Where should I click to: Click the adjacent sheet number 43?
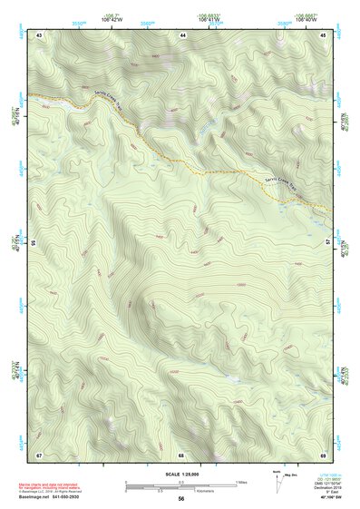tap(39, 34)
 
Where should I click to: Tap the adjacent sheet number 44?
tap(182, 34)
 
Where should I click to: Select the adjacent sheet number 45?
tap(324, 34)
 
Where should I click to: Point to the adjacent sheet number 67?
tap(39, 455)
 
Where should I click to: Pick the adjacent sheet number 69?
tap(324, 455)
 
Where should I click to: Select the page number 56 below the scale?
tap(181, 499)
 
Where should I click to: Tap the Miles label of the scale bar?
tap(242, 481)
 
